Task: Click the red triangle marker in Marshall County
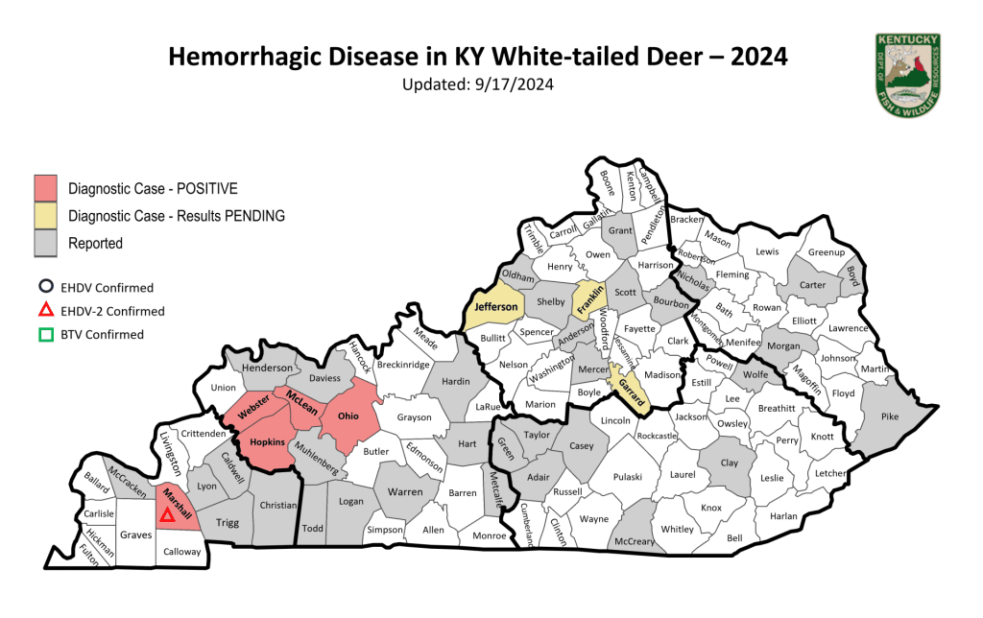(x=167, y=515)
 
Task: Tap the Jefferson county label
(x=495, y=307)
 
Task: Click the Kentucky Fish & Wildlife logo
(x=906, y=73)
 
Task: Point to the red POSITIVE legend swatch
(x=46, y=188)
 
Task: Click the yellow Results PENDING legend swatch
(x=46, y=216)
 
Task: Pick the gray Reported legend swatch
(x=46, y=244)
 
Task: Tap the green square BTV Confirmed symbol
(x=44, y=335)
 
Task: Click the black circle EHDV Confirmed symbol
(x=44, y=288)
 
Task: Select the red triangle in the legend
(x=44, y=311)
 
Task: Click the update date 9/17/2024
(x=515, y=84)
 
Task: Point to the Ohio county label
(x=347, y=416)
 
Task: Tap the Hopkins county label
(x=267, y=441)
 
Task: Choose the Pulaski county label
(x=627, y=476)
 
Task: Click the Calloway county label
(x=181, y=552)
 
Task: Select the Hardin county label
(x=454, y=380)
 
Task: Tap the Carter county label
(x=813, y=284)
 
